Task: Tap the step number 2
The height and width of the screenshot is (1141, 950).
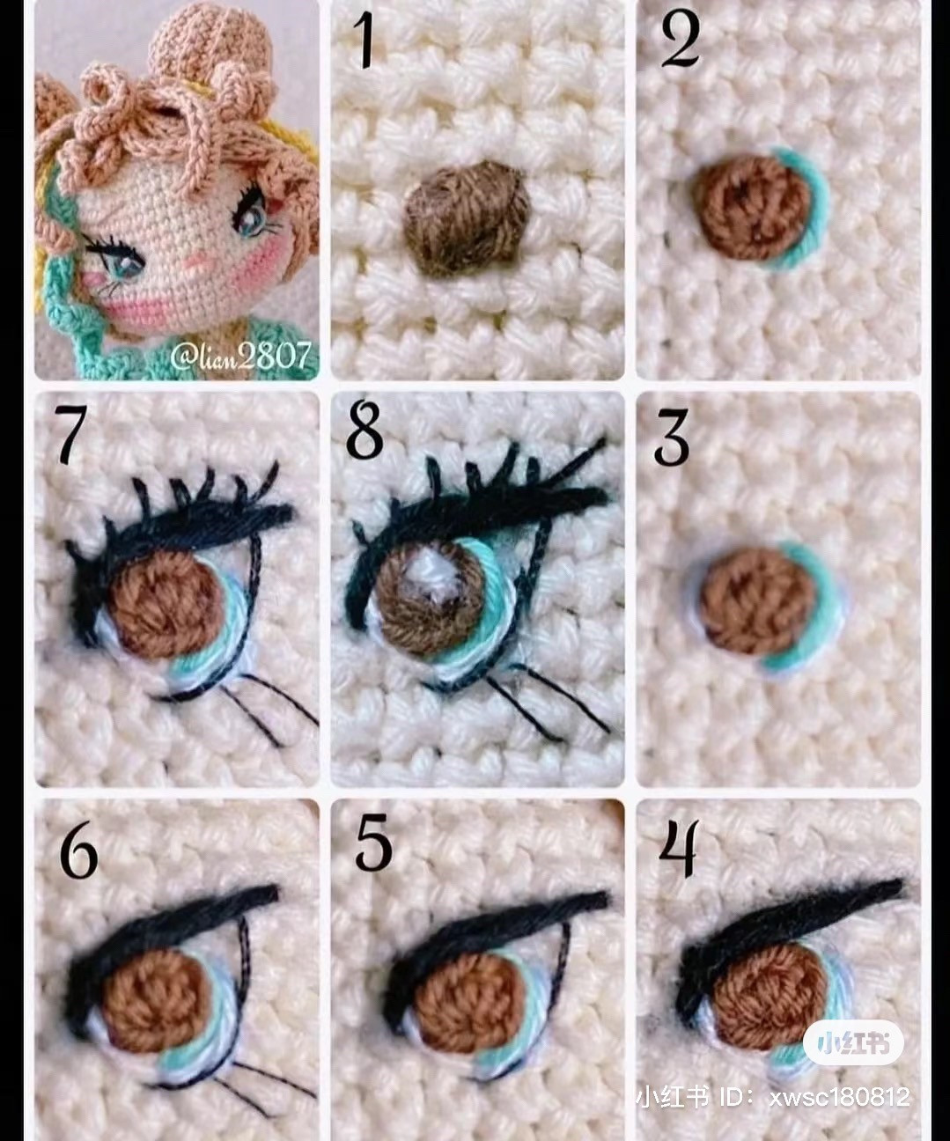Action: [680, 40]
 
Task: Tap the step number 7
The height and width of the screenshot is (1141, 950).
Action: [70, 433]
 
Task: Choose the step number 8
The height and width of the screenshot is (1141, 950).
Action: [364, 430]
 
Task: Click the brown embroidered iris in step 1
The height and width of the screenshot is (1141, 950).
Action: [468, 217]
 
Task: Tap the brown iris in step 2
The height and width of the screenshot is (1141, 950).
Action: [751, 207]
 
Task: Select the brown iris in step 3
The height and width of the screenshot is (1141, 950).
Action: [758, 601]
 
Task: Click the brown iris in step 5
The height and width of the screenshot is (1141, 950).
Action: [470, 1002]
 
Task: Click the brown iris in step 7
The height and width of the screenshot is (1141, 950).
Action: [166, 607]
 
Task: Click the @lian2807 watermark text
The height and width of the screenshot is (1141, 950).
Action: [240, 356]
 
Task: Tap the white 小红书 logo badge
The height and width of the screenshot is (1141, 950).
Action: [852, 1044]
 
